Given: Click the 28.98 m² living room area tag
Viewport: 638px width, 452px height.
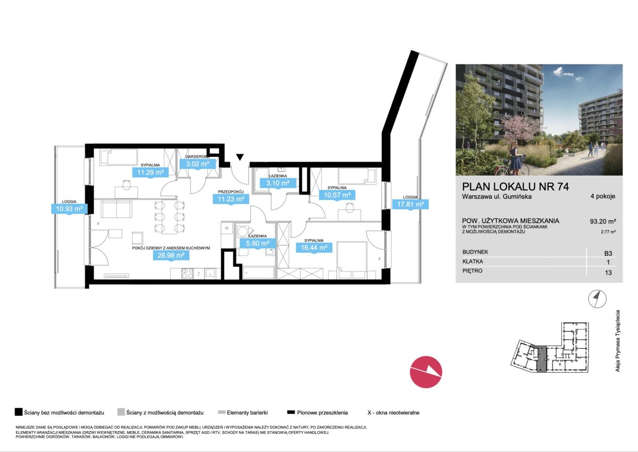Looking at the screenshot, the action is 171,255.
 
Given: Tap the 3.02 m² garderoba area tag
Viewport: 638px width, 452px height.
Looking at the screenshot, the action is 198,164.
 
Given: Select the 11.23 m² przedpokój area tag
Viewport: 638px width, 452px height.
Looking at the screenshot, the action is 231,199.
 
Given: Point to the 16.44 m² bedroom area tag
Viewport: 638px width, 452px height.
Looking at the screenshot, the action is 314,248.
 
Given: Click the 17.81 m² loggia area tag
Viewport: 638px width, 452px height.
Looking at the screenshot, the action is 410,204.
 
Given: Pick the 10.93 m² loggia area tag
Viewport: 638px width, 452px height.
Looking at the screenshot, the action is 69,209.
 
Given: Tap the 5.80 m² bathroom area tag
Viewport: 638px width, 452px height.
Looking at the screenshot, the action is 258,243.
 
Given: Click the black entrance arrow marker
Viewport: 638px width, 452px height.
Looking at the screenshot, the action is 240,157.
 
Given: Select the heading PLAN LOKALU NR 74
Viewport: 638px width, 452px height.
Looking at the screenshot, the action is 516,186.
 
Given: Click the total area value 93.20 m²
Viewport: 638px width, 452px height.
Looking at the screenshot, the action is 603,221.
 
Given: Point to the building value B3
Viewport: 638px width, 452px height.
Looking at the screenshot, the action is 608,253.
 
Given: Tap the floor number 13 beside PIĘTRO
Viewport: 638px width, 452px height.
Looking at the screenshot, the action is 608,273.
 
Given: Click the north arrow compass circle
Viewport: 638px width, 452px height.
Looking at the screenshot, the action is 597,299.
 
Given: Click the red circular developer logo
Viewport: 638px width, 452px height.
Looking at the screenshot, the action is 426,372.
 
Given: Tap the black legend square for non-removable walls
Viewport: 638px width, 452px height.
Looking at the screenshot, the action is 19,412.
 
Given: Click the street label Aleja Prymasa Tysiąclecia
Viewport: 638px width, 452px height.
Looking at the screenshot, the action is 617,341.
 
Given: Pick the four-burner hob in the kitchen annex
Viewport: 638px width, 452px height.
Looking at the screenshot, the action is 187,274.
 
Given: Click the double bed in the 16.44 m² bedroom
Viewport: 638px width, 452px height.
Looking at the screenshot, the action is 352,260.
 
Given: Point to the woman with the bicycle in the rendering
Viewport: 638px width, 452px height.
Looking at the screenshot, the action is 516,158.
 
